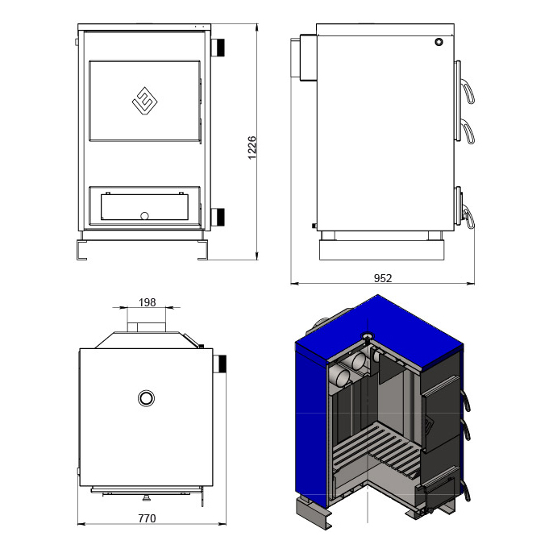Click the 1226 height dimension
[x=252, y=148]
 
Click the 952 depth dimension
[x=383, y=279]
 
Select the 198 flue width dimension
[x=147, y=302]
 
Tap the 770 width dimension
[x=147, y=518]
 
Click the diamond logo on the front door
[x=144, y=102]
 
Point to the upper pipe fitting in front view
[x=218, y=47]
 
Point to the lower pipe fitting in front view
[x=218, y=217]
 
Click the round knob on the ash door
[x=144, y=215]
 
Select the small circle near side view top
[x=439, y=42]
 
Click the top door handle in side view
[x=468, y=93]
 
